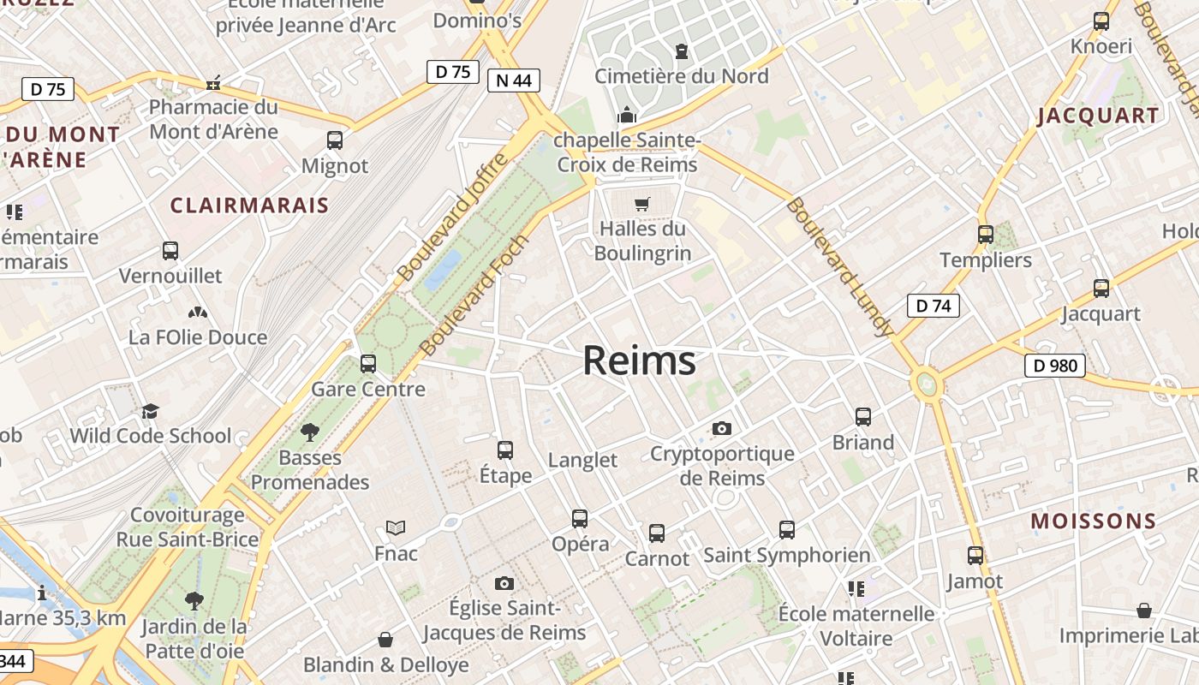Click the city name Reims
639,361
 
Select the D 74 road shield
933,306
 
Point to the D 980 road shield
1054,366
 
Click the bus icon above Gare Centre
368,364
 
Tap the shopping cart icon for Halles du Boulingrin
641,204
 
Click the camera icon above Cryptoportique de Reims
722,428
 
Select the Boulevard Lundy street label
840,267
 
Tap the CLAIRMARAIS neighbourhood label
249,205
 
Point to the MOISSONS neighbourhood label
1093,521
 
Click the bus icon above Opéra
580,518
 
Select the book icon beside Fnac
395,527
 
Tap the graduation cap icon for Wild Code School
150,411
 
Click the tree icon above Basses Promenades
309,432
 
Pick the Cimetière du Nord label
682,76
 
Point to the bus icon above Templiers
985,234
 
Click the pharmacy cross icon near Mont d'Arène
213,83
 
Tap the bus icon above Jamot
975,556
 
